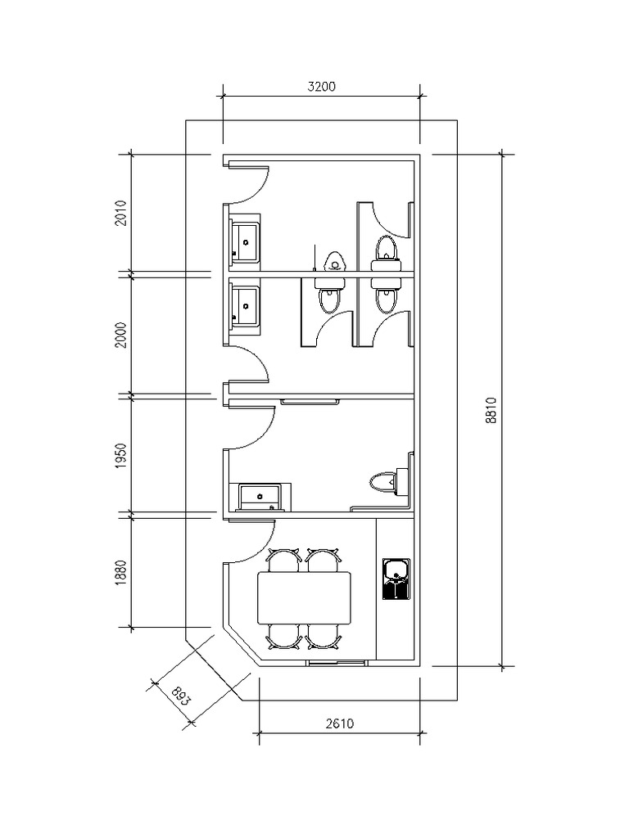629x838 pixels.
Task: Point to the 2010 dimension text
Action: tap(121, 213)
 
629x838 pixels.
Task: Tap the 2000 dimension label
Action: tap(121, 334)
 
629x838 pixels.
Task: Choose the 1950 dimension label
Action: tap(121, 455)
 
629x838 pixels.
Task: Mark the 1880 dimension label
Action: tap(121, 571)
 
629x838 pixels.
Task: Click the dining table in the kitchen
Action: tap(305, 597)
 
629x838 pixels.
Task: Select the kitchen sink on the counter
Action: tap(396, 579)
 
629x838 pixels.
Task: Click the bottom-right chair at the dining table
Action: tap(324, 637)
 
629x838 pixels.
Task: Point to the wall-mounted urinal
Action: tap(333, 262)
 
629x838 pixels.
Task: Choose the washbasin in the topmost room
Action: tap(245, 241)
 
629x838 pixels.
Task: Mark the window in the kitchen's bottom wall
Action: tap(336, 662)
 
